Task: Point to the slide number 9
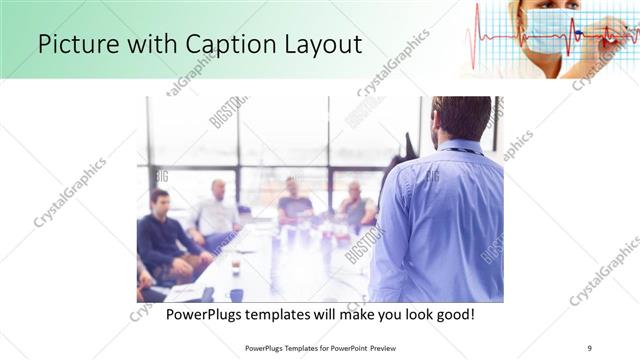(x=589, y=348)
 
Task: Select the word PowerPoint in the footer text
(x=340, y=348)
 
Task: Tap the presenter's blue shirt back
(x=440, y=220)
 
